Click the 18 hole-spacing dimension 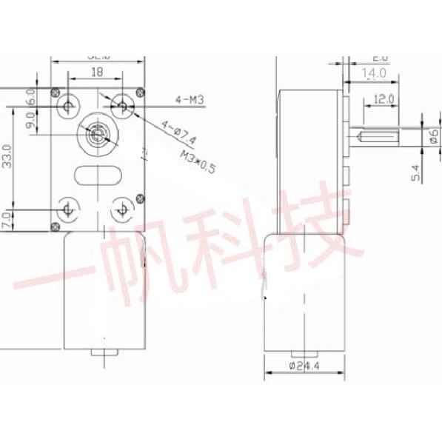[96, 73]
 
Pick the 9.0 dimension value [30, 121]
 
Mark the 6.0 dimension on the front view [30, 97]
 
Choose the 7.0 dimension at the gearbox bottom [7, 220]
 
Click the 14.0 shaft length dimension [373, 73]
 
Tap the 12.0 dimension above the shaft [383, 98]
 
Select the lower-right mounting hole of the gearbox [120, 210]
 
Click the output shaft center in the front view [95, 135]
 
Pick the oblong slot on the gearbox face [96, 175]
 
